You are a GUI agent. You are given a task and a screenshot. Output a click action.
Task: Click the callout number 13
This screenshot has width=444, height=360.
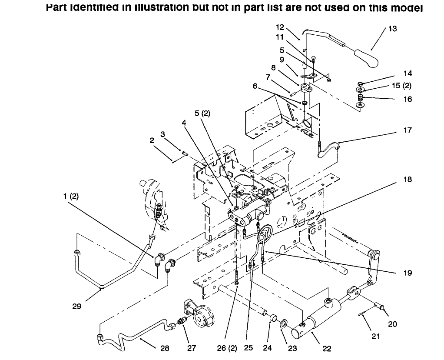pos(392,29)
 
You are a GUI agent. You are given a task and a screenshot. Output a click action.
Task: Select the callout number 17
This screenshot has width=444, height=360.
pos(407,130)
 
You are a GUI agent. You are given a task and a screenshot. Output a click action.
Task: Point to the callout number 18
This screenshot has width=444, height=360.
pos(407,179)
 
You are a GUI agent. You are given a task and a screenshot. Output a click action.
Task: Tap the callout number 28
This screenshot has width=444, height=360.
pos(164,348)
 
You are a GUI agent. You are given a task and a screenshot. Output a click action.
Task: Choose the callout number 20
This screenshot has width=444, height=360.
pos(392,323)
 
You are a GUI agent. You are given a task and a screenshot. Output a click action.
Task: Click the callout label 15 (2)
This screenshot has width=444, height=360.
pos(402,86)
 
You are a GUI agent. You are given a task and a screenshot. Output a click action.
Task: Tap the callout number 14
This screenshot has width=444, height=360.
pos(407,73)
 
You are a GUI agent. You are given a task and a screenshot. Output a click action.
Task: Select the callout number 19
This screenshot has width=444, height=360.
pos(407,273)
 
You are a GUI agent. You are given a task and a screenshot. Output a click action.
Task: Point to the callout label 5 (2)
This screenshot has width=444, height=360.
pos(202,114)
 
